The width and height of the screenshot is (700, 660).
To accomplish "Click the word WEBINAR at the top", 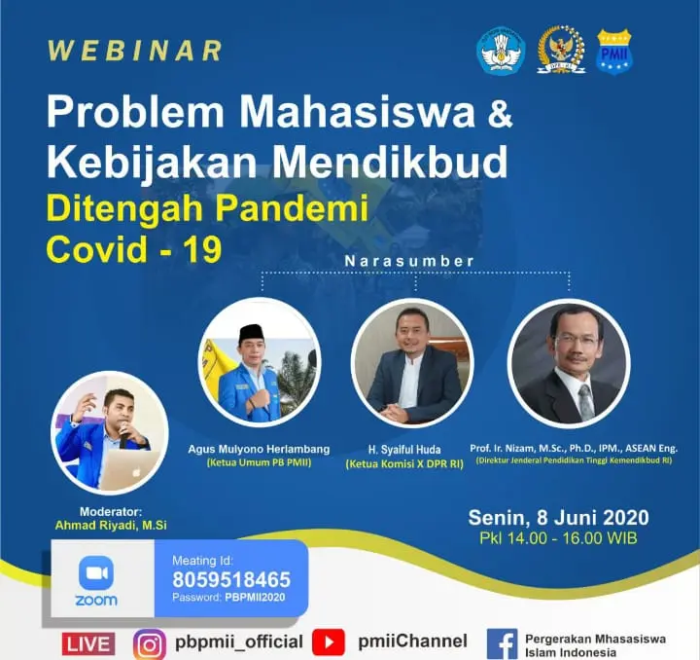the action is point(135,51).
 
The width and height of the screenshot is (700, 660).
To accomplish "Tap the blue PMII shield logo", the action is point(614,51).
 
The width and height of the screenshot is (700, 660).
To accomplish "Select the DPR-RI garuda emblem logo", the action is point(560,49).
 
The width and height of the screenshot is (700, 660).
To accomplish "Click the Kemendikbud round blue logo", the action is point(501,50).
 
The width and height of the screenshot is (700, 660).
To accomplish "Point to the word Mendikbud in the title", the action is point(390,161).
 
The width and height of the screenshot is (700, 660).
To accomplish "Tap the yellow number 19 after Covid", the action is point(202,249).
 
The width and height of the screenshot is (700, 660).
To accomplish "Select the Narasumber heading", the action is point(409,261).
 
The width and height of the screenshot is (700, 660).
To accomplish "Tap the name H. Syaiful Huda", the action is point(404,449).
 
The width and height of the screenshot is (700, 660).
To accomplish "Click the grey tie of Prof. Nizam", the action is point(586,402).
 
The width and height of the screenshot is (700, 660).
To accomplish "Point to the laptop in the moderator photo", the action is point(128,469).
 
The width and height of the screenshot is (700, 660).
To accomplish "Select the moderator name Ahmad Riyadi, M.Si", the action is point(111,525).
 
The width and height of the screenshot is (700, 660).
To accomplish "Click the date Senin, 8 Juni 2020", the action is point(558,518).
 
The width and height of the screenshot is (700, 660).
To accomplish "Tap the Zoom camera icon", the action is point(96,572).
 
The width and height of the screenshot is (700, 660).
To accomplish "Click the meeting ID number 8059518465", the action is point(231,579).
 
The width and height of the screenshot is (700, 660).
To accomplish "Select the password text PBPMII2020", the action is point(255,598).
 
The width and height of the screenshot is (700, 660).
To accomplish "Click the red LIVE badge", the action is point(87,643).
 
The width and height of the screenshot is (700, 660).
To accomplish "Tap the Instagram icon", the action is point(150,643).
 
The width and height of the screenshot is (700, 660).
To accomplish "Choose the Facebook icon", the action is point(502,643).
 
